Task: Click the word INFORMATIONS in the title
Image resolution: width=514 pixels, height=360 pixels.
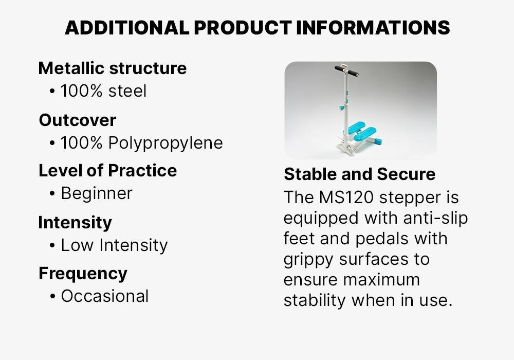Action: point(373,28)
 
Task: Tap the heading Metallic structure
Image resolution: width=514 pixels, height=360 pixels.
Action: point(113,68)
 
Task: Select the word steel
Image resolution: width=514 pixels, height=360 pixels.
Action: point(127,91)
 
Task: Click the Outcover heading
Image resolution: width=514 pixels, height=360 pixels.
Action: point(78,120)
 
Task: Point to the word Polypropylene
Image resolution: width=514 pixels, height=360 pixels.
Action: point(166,143)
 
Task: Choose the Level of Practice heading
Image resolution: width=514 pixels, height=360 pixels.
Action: point(107,171)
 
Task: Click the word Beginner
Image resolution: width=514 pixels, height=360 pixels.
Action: point(97,193)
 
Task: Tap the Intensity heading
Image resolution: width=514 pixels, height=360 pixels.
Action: point(75,222)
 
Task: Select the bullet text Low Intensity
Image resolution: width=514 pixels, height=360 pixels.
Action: point(115,245)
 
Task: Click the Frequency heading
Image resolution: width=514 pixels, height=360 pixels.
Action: point(83,274)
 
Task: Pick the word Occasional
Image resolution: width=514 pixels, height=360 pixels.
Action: point(105,296)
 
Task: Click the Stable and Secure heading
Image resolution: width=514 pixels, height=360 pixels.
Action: point(360,174)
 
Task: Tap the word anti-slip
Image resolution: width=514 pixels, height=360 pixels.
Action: point(436,219)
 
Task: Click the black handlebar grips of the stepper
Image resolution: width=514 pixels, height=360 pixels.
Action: point(346,70)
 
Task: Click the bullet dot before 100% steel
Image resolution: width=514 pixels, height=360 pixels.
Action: point(52,92)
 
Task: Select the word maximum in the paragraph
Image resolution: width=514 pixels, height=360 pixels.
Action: point(381,280)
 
